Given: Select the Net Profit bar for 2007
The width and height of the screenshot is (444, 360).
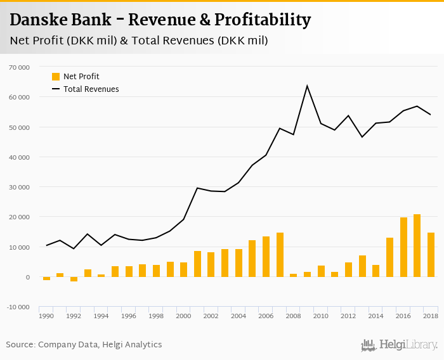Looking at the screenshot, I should click(280, 255).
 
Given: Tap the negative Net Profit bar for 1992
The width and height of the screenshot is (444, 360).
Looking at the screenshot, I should click(74, 279).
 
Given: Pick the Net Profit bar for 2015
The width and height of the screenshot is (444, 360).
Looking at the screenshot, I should click(389, 257).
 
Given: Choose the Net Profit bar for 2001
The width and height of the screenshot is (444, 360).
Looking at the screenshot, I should click(197, 264).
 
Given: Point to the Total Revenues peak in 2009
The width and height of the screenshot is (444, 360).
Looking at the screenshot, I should click(307, 86).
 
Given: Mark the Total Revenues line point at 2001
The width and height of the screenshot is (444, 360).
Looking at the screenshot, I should click(197, 188).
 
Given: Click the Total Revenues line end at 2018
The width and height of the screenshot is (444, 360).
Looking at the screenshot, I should click(431, 115).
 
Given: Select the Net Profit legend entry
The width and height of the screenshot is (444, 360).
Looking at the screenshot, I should click(81, 77).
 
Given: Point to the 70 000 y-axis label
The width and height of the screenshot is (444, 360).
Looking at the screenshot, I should click(19, 67).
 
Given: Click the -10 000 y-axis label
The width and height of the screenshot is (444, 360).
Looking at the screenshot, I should click(18, 307).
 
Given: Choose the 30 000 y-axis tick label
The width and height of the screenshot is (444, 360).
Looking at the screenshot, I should click(19, 187).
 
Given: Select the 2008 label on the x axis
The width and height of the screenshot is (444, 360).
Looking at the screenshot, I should click(294, 316).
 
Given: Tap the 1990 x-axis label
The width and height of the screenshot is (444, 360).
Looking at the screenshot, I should click(46, 316).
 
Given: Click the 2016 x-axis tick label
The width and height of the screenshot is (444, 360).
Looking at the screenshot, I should click(403, 316).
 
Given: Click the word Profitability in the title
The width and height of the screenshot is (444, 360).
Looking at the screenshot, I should click(263, 20).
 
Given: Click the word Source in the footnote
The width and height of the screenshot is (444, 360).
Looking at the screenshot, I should click(20, 345).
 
